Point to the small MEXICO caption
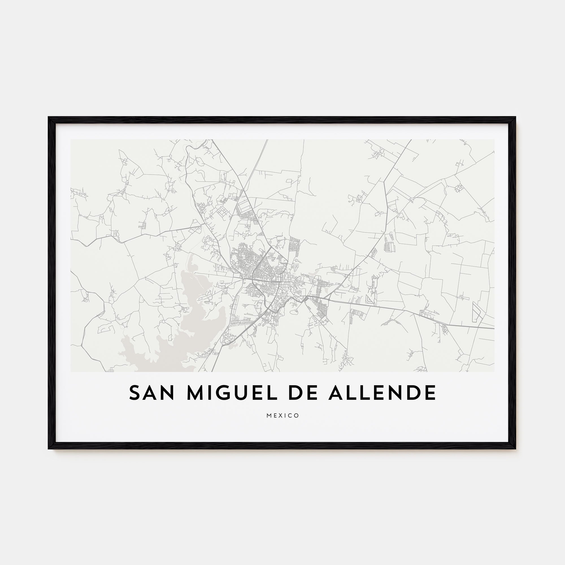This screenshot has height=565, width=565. [x=282, y=416]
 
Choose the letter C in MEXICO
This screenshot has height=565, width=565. [x=291, y=416]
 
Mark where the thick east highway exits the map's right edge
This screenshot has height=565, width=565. [x=494, y=329]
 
